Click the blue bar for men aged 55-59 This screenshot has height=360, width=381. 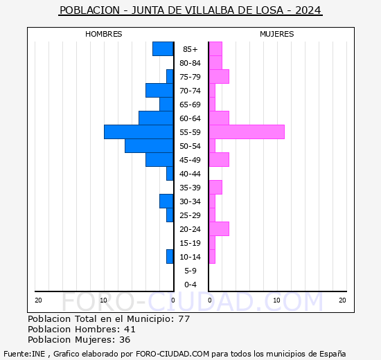(139, 132)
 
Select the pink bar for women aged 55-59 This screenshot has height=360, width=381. (247, 132)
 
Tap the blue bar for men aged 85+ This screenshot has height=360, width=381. (163, 48)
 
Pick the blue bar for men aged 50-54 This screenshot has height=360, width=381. (149, 145)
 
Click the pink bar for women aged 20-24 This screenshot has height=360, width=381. (219, 228)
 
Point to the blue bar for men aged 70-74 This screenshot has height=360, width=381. (159, 90)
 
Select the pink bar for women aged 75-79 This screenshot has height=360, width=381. (219, 76)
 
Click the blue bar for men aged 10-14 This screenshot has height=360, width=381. (170, 256)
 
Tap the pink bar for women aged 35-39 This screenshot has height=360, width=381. (215, 187)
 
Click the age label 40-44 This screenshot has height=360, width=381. (190, 174)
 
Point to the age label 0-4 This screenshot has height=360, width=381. (190, 285)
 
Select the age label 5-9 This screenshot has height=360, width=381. (190, 271)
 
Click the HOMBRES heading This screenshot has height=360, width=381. (104, 34)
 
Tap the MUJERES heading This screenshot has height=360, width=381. (276, 34)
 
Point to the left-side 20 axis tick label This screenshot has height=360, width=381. (38, 300)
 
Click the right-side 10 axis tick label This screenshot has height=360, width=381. (276, 300)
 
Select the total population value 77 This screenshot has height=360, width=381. (184, 318)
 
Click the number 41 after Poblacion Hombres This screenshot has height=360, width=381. (130, 329)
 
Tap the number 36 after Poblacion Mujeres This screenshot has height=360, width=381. (125, 339)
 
